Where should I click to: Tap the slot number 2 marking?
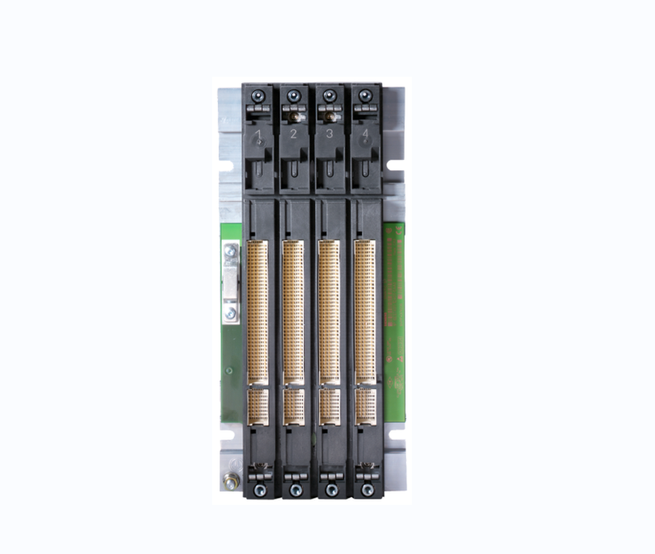[x=293, y=135]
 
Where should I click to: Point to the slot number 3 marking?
[x=329, y=135]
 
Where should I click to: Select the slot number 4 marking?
[x=364, y=135]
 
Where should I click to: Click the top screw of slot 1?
[x=257, y=97]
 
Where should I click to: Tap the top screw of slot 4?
[x=364, y=96]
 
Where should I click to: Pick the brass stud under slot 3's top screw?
[x=327, y=116]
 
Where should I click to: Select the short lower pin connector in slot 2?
[x=294, y=405]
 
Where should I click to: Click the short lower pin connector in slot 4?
[x=365, y=405]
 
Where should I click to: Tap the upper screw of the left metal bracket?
[x=230, y=253]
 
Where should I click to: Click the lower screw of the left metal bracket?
[x=230, y=313]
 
